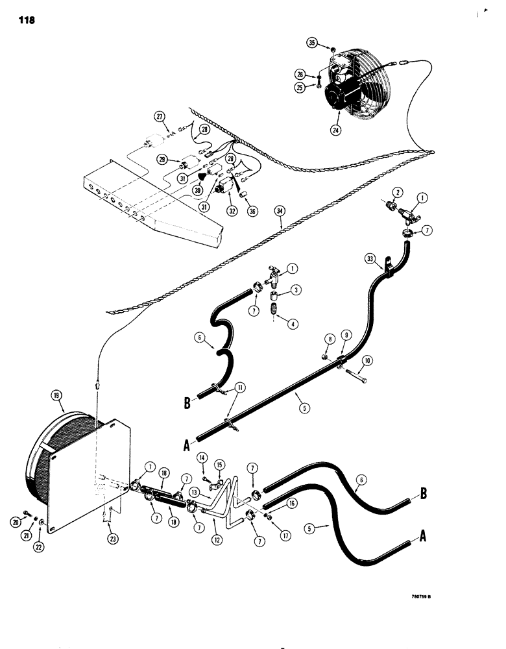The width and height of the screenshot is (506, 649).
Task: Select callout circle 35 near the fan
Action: pos(313,43)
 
